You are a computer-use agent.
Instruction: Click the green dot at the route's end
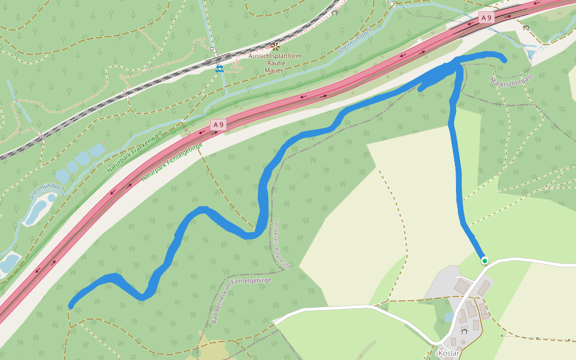click(485, 260)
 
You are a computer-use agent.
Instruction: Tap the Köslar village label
click(449, 353)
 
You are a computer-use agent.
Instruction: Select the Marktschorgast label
click(511, 88)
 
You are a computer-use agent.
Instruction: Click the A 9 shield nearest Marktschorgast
click(486, 18)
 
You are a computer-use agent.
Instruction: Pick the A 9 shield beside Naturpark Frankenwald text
click(218, 125)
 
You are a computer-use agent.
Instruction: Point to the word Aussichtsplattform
click(275, 56)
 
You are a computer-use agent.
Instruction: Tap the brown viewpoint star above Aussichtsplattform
click(275, 46)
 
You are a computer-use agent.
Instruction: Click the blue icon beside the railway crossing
click(220, 69)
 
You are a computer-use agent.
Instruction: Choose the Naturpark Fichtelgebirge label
click(172, 163)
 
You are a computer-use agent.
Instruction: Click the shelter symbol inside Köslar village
click(464, 330)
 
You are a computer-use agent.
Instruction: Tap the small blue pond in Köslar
click(449, 317)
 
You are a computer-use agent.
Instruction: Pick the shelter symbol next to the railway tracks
click(335, 11)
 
